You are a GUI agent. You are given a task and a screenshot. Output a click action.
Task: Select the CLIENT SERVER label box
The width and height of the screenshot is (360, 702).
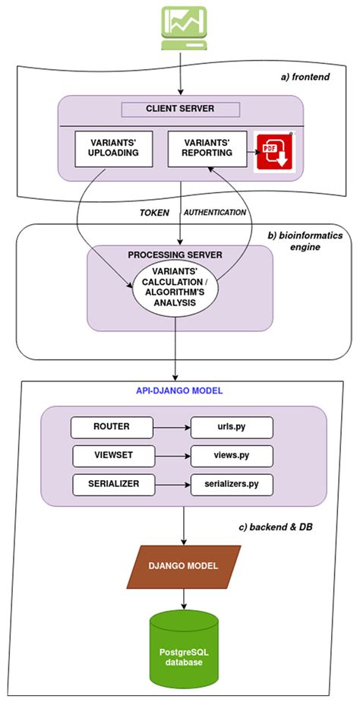click(180, 109)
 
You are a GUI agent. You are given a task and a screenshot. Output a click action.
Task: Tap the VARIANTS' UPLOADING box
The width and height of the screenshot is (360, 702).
click(115, 148)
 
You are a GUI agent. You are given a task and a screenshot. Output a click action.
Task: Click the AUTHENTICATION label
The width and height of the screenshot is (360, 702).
click(216, 213)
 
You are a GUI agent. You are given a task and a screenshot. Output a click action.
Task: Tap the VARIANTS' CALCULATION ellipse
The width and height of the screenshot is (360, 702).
click(175, 287)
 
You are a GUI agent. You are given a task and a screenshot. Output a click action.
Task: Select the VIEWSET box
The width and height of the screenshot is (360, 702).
click(105, 456)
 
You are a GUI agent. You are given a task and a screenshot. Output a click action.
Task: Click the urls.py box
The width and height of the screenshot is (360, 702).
click(229, 427)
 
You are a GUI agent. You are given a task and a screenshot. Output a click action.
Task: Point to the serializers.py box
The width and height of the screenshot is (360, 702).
click(229, 484)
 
